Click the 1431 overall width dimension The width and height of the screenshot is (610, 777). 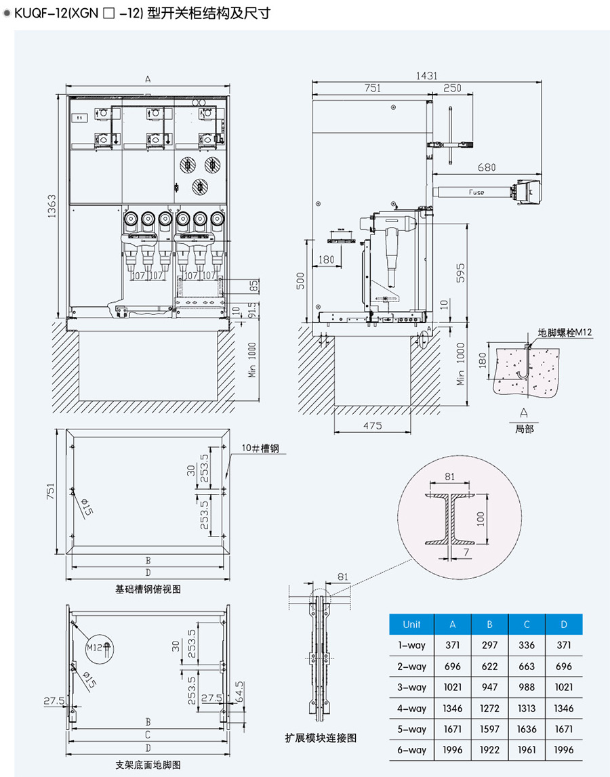click(x=426, y=75)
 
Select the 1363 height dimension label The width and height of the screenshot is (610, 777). click(x=52, y=206)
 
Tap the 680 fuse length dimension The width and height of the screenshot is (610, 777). click(x=487, y=167)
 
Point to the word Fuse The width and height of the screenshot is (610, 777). click(x=476, y=192)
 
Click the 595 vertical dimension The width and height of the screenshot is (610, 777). click(x=460, y=273)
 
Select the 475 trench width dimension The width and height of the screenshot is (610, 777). click(x=373, y=425)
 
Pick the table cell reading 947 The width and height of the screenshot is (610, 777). click(x=489, y=688)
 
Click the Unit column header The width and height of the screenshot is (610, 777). click(x=411, y=625)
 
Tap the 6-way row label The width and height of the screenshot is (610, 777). click(x=411, y=750)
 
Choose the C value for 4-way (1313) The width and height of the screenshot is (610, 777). click(x=527, y=709)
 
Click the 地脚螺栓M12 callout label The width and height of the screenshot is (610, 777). click(x=565, y=332)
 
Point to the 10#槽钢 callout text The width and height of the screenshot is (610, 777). click(x=260, y=448)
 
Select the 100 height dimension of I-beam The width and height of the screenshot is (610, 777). click(x=480, y=518)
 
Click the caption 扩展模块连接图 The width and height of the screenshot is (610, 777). click(x=321, y=738)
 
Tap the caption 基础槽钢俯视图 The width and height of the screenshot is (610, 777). click(x=148, y=589)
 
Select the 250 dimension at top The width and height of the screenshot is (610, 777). click(x=452, y=87)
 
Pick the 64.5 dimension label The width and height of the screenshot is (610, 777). click(x=239, y=692)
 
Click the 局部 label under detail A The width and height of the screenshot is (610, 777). click(x=524, y=429)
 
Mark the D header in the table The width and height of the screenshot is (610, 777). click(x=564, y=625)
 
